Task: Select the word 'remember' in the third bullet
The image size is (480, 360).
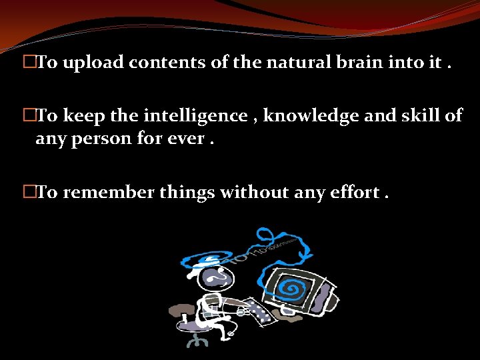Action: point(109,193)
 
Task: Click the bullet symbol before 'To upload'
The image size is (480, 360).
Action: point(29,63)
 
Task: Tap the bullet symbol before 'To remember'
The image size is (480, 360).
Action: point(29,193)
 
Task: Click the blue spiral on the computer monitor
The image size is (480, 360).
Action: point(291,287)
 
